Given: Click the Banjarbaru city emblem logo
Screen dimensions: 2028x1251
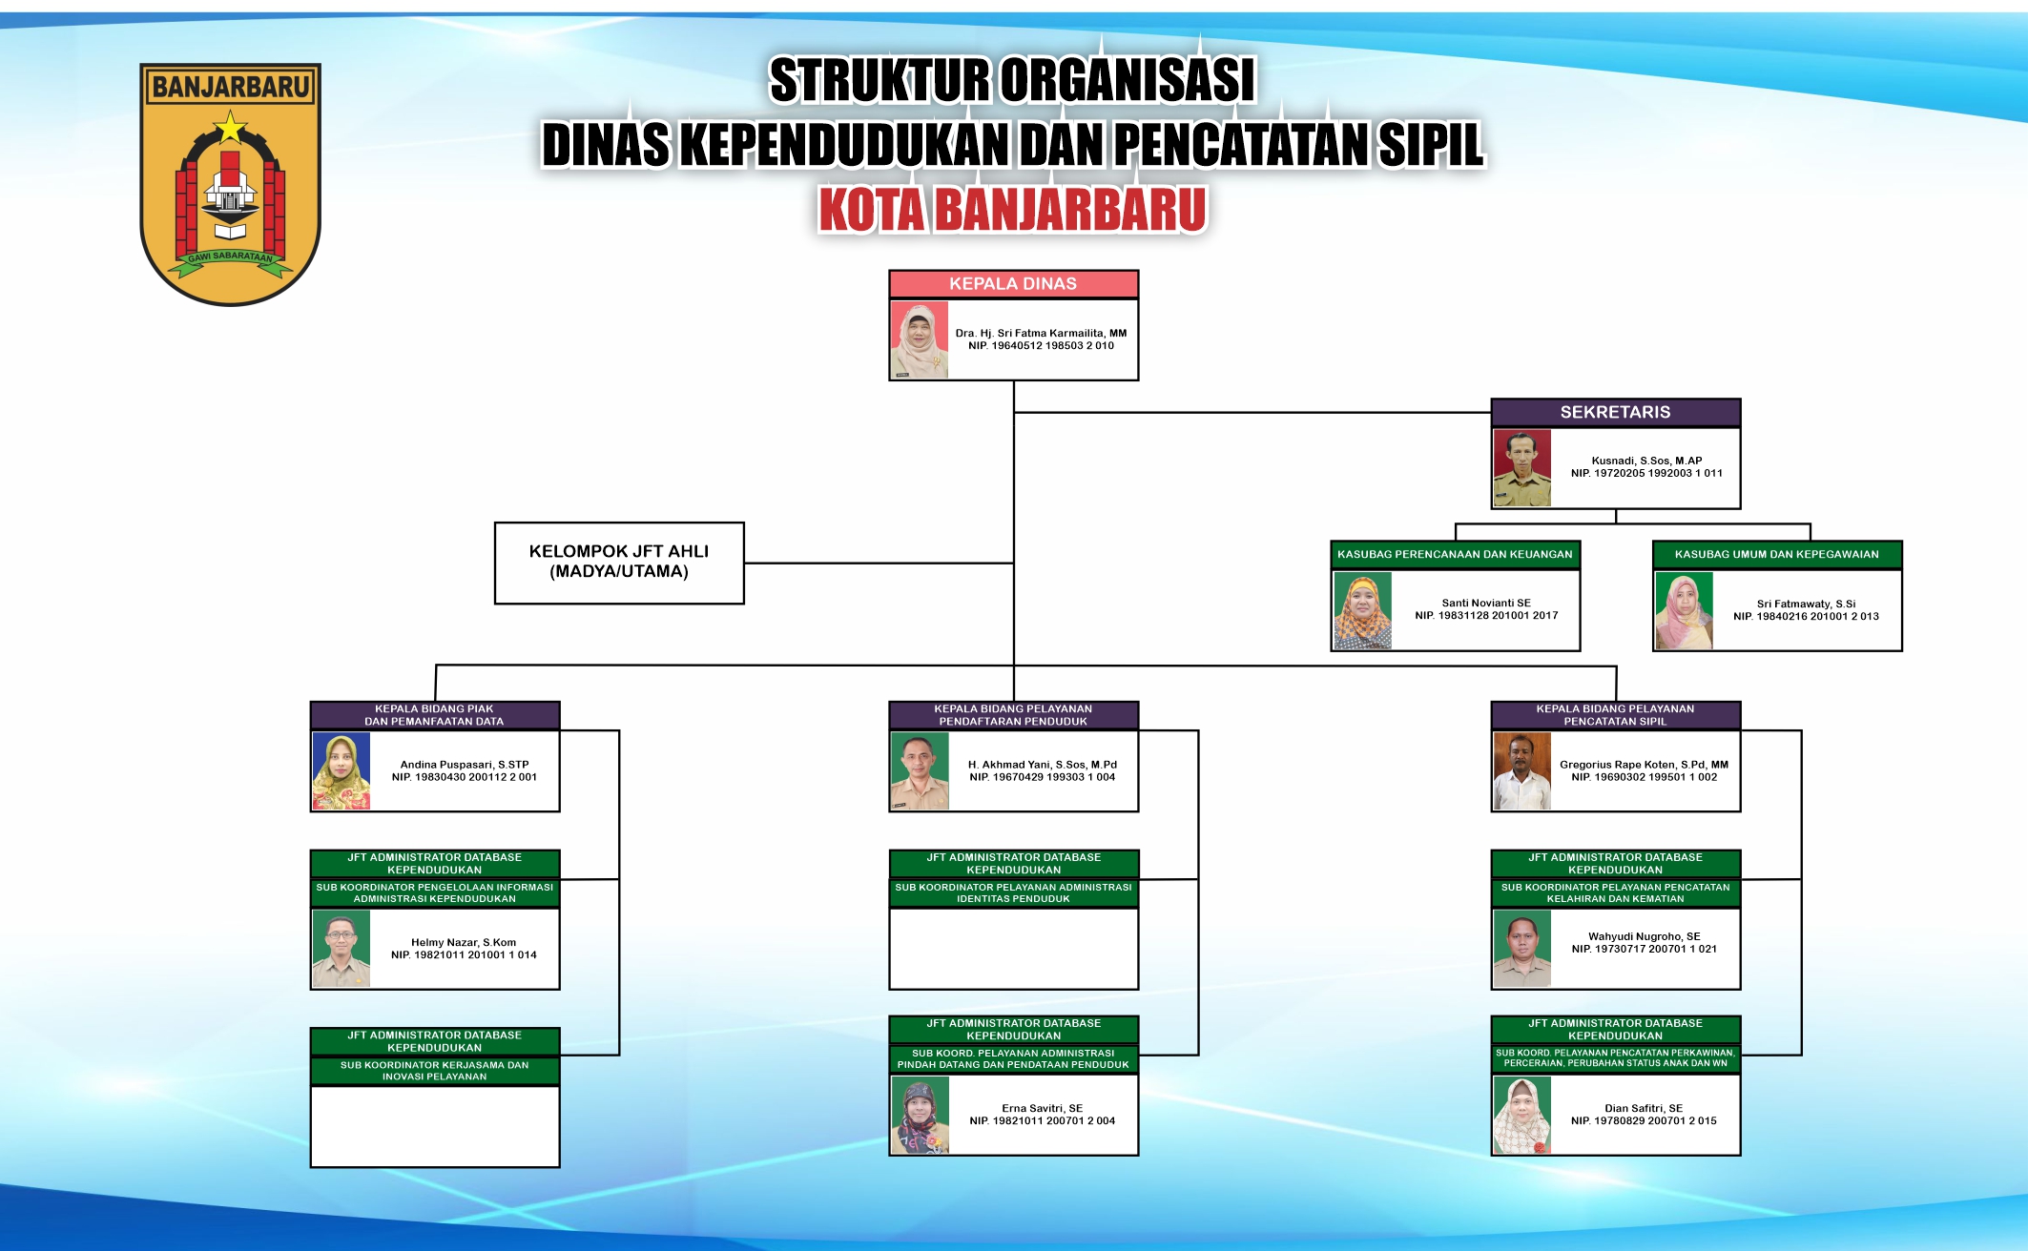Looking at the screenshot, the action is coord(230,184).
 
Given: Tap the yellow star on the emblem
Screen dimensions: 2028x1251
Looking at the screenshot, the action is coord(230,126).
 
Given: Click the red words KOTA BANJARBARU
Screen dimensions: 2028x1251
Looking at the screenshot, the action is coord(1012,209).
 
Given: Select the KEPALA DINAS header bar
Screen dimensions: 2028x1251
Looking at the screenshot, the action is coord(1013,284).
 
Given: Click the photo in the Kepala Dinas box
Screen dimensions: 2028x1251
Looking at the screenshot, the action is coord(920,340).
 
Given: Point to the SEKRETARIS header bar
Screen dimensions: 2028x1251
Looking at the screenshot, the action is coord(1615,412).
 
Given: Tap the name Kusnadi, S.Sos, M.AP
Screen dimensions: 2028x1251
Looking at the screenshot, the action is coord(1646,461).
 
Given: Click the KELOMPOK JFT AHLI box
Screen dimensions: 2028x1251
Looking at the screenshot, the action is coord(619,563).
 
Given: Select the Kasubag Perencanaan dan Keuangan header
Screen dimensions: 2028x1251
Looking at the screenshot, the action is coord(1455,554).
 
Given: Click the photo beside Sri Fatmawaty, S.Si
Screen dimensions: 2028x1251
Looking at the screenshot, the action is coord(1684,611).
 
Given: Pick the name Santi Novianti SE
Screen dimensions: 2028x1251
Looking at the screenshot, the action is coord(1486,603).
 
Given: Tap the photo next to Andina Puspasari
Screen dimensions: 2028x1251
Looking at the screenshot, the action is coord(341,771).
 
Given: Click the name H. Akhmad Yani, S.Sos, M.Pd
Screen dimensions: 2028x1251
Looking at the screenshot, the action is coord(1042,765).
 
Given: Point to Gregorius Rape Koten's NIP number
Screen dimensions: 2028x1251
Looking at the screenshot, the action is coord(1644,777).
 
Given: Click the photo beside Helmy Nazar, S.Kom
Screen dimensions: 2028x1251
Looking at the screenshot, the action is coord(341,949).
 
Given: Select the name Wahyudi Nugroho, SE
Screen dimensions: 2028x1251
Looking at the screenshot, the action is coord(1644,936).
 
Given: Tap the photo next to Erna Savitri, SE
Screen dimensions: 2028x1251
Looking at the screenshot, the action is coord(920,1116).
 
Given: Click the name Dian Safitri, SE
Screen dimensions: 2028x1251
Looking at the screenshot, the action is coord(1643,1108).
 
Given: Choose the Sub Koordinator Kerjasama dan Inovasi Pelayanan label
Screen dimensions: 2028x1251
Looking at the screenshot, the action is coord(434,1071).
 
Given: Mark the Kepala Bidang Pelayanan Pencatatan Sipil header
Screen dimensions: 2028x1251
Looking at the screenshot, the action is coord(1615,715).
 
